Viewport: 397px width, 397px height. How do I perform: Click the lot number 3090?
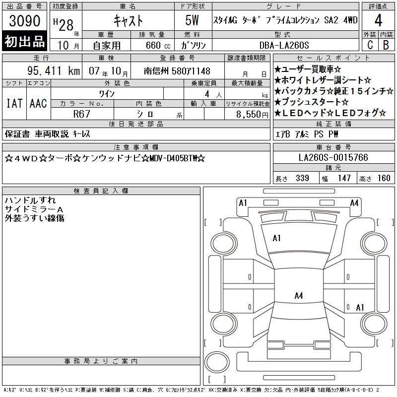[x=24, y=21]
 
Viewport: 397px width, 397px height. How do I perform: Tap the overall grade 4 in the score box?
[x=378, y=20]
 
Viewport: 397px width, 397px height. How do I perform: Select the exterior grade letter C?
[x=370, y=45]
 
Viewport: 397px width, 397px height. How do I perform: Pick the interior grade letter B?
[x=386, y=45]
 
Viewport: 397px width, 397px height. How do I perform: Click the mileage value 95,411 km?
[x=54, y=71]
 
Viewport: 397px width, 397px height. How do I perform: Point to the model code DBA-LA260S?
[x=284, y=45]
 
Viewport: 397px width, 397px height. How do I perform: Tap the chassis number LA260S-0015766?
[x=333, y=157]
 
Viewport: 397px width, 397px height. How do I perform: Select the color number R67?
[x=81, y=114]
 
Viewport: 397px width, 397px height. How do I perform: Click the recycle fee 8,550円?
[x=252, y=115]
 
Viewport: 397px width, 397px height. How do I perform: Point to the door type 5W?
[x=192, y=20]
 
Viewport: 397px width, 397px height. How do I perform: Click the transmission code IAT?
[x=14, y=103]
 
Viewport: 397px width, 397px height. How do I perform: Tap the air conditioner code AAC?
[x=38, y=103]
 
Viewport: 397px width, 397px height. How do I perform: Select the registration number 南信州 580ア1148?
[x=177, y=71]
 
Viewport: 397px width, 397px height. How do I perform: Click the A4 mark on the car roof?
[x=299, y=295]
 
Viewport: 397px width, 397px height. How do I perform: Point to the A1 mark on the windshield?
[x=276, y=238]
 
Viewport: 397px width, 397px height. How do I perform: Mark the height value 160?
[x=384, y=178]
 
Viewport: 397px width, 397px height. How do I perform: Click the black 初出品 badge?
[x=24, y=41]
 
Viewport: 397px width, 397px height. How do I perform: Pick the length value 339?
[x=302, y=178]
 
